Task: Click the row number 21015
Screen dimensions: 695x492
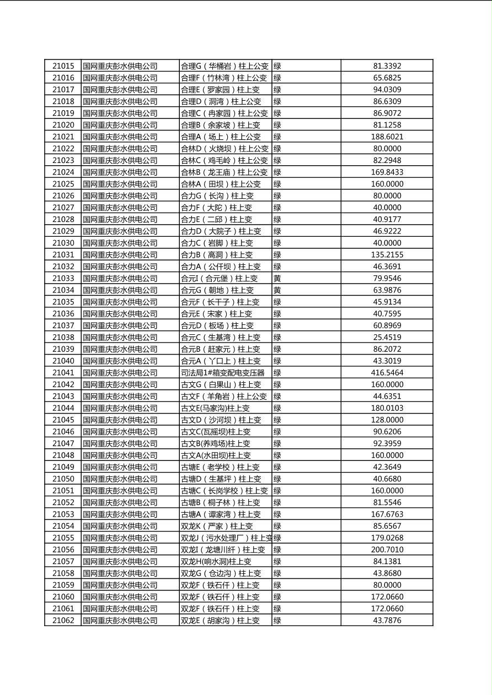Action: coord(63,66)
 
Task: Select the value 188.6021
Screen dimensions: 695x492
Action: coord(387,137)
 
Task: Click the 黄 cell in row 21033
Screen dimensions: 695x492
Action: coord(277,278)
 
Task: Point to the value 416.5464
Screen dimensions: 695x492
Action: coord(387,373)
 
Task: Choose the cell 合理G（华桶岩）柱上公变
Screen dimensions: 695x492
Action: coord(225,66)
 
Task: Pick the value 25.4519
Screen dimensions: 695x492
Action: coord(387,337)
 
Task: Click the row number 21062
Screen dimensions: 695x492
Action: coord(63,620)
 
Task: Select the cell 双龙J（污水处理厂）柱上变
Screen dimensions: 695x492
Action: coord(226,537)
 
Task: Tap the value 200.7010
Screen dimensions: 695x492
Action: coord(387,550)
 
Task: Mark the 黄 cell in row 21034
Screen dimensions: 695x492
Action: coord(277,290)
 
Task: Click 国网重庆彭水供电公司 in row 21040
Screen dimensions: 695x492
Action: coord(120,361)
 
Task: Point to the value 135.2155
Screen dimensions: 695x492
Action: coord(387,254)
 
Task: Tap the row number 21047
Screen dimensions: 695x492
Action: coord(63,443)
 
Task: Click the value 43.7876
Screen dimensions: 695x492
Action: coord(387,620)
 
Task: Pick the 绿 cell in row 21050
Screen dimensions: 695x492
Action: coord(277,479)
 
